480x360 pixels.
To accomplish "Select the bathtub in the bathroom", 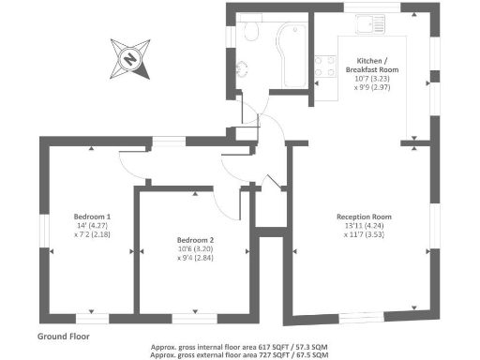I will [287, 52].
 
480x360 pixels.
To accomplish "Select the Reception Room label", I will [363, 217].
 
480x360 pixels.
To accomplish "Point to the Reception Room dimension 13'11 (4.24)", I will [364, 226].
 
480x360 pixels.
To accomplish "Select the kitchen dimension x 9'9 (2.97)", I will [372, 83].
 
